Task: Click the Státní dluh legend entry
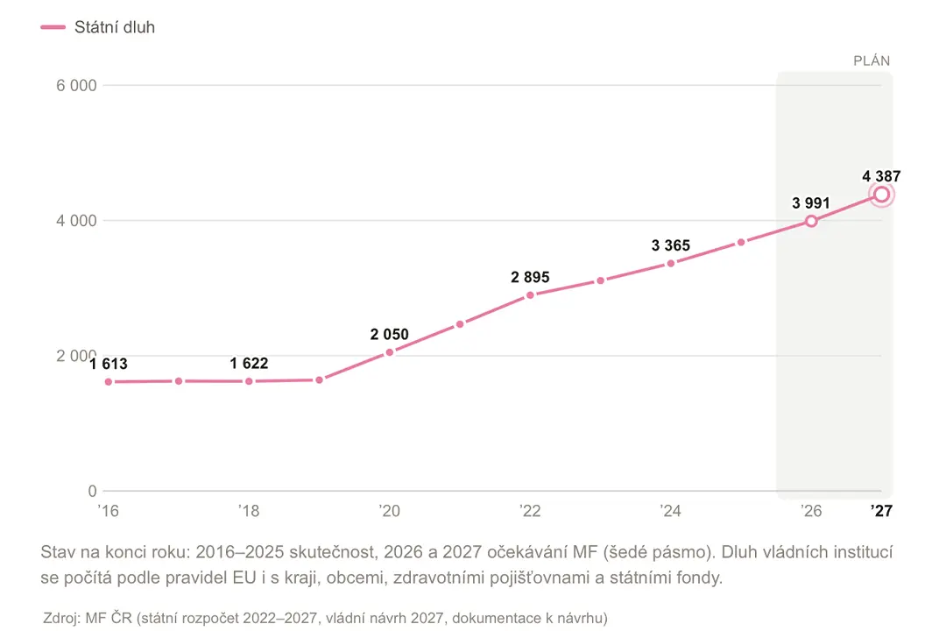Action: coord(98,27)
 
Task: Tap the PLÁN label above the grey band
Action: coord(872,60)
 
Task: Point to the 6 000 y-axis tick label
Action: coord(76,85)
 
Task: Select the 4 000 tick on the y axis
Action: coord(76,220)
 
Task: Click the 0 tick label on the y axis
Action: coord(92,491)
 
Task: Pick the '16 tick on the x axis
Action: coord(108,511)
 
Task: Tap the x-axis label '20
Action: coord(389,511)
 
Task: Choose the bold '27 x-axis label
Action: coord(881,511)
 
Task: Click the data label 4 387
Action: coord(881,176)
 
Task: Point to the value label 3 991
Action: coord(811,203)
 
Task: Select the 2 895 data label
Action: coord(530,277)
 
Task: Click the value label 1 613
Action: coord(109,364)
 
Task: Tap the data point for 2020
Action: coord(389,352)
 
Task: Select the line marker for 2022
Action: coord(530,295)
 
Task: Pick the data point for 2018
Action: coord(249,381)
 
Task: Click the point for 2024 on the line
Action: coord(670,263)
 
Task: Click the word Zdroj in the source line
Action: coord(61,619)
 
